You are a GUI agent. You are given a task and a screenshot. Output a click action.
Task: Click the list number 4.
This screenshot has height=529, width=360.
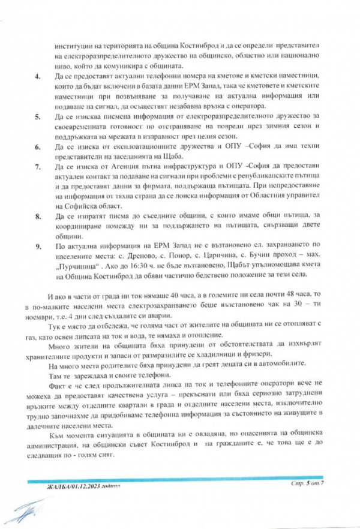tap(38, 78)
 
